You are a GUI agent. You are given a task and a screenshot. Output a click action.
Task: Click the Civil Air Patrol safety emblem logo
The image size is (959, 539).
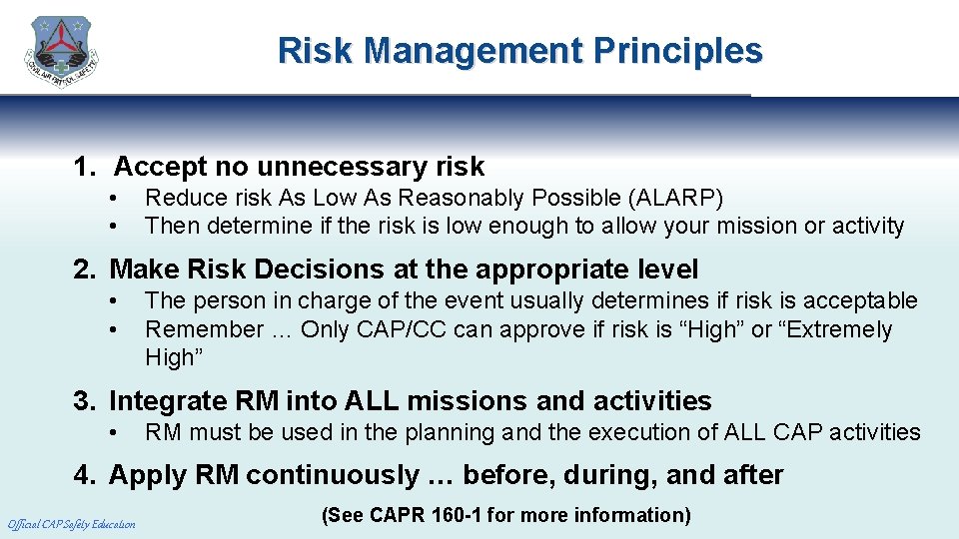click(x=62, y=53)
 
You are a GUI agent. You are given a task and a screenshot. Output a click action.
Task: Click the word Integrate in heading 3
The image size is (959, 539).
click(x=167, y=401)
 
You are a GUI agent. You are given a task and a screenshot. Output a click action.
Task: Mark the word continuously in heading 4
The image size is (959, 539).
click(x=333, y=475)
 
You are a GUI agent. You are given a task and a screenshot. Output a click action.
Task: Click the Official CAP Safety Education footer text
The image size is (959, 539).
click(x=71, y=524)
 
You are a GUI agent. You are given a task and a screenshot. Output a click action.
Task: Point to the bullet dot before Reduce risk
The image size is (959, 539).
click(x=117, y=198)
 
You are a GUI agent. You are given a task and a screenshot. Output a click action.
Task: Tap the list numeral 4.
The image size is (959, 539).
click(x=81, y=475)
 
